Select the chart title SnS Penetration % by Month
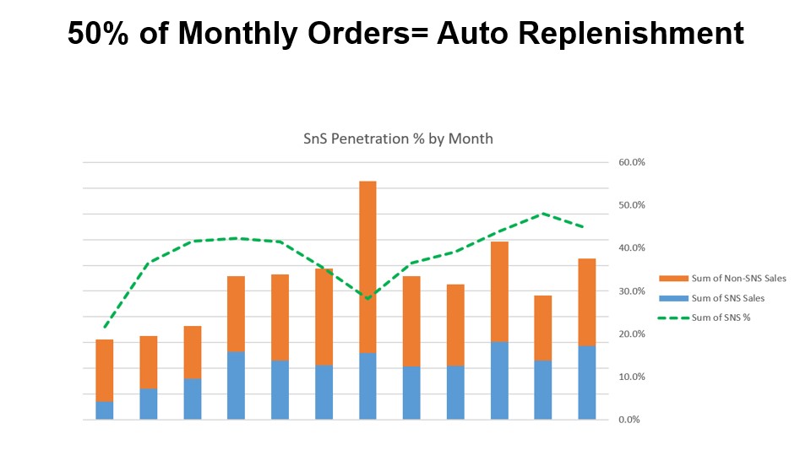coord(398,138)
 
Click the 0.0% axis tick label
coord(629,420)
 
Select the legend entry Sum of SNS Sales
coord(727,298)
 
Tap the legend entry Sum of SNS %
coord(721,318)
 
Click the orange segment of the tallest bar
coord(367,266)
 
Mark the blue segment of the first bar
coord(105,410)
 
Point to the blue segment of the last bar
coord(587,383)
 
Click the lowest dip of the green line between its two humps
coord(367,298)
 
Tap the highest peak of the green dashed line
coord(543,214)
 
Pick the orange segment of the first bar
coord(105,370)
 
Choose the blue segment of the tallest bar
coord(367,386)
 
